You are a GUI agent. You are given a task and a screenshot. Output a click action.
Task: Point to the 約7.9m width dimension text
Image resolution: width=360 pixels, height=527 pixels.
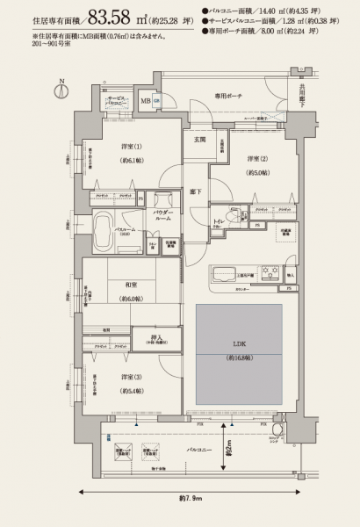coord(191,499)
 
